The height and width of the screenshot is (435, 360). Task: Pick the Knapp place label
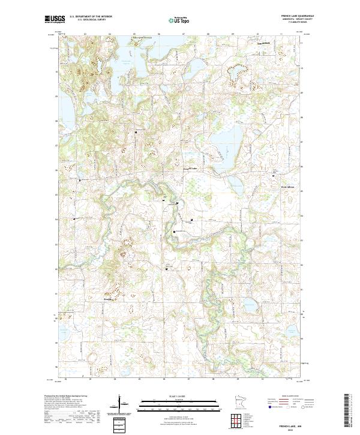point(107,298)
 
